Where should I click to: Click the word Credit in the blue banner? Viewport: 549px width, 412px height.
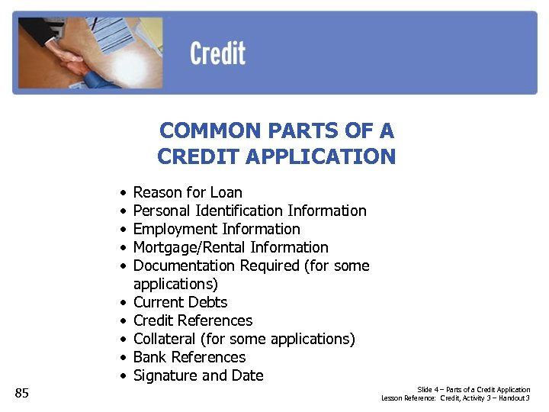click(x=217, y=54)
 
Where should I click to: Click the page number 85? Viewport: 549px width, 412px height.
click(x=22, y=393)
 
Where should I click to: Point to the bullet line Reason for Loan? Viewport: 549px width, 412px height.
click(x=188, y=192)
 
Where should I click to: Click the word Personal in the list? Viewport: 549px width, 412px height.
click(x=162, y=211)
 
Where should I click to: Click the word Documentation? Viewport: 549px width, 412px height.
click(x=185, y=266)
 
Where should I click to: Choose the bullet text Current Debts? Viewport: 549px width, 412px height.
click(x=180, y=302)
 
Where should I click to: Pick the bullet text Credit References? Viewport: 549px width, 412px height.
click(x=192, y=320)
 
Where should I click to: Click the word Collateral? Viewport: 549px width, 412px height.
click(x=165, y=339)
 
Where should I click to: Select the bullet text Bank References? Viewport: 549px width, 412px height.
click(x=189, y=357)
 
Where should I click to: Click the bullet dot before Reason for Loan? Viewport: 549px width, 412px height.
click(x=122, y=193)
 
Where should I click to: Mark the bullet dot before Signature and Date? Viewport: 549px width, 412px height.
click(x=122, y=376)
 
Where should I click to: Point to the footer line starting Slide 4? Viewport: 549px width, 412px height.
click(x=474, y=390)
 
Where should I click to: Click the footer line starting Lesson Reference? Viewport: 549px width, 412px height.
click(x=456, y=398)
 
